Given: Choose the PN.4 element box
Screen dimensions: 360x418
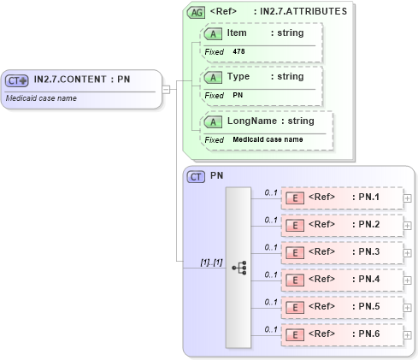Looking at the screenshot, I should click(x=342, y=280).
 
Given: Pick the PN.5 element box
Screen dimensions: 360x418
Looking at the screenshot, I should click(x=342, y=307).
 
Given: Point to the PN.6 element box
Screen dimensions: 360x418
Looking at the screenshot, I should click(x=342, y=334).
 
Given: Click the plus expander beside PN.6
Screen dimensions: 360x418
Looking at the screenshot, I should click(x=408, y=334).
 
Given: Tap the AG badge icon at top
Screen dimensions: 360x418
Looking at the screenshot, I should click(x=197, y=13).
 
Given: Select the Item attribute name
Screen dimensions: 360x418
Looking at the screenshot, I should click(x=237, y=32).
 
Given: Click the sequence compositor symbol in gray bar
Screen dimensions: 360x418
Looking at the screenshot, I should click(x=238, y=268).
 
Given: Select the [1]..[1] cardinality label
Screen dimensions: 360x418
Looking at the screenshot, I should click(x=211, y=262).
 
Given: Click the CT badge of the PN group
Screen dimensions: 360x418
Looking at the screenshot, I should click(x=197, y=176).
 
